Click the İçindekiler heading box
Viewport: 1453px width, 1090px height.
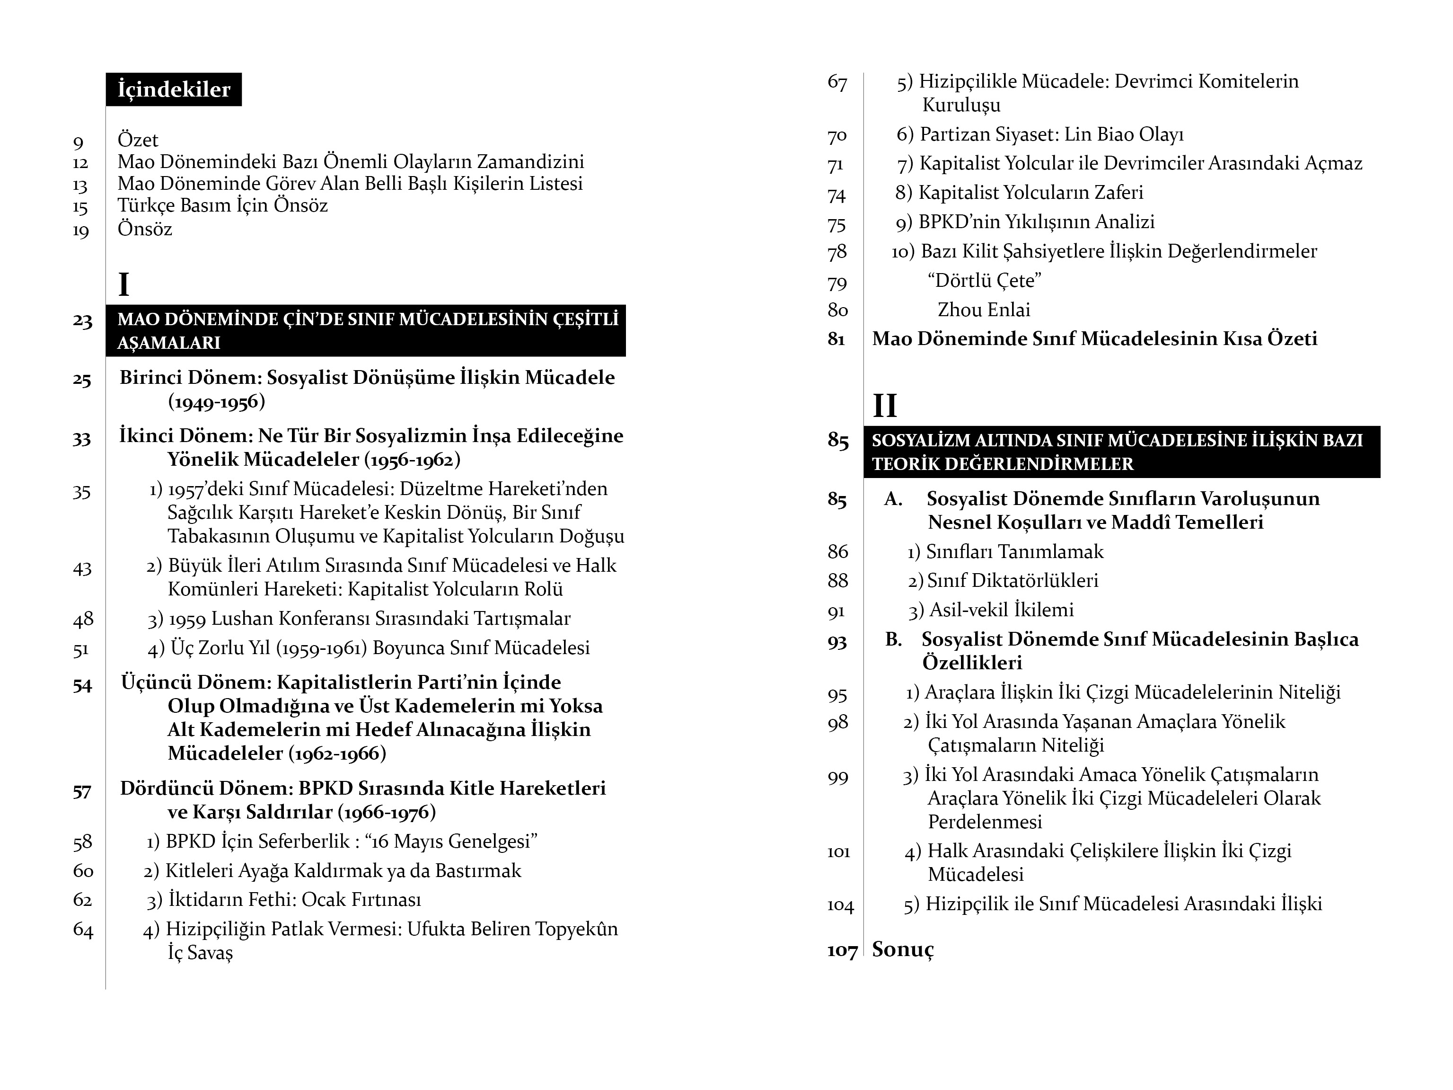click(x=174, y=89)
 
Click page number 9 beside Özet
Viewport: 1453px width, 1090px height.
click(x=78, y=142)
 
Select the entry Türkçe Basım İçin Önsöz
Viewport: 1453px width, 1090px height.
click(x=222, y=206)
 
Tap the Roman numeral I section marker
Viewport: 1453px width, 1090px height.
click(x=123, y=284)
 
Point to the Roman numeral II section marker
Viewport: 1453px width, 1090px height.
click(x=884, y=406)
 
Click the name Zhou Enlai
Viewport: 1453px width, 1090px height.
click(x=983, y=310)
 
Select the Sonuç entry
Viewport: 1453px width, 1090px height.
click(x=903, y=949)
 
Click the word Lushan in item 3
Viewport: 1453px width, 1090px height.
click(x=238, y=618)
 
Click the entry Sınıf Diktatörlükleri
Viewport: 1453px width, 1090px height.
click(x=1012, y=581)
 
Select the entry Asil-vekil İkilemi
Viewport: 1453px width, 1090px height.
click(x=1001, y=610)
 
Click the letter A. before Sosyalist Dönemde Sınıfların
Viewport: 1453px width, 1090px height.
click(x=893, y=499)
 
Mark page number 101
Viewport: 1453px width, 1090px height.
click(x=838, y=852)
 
